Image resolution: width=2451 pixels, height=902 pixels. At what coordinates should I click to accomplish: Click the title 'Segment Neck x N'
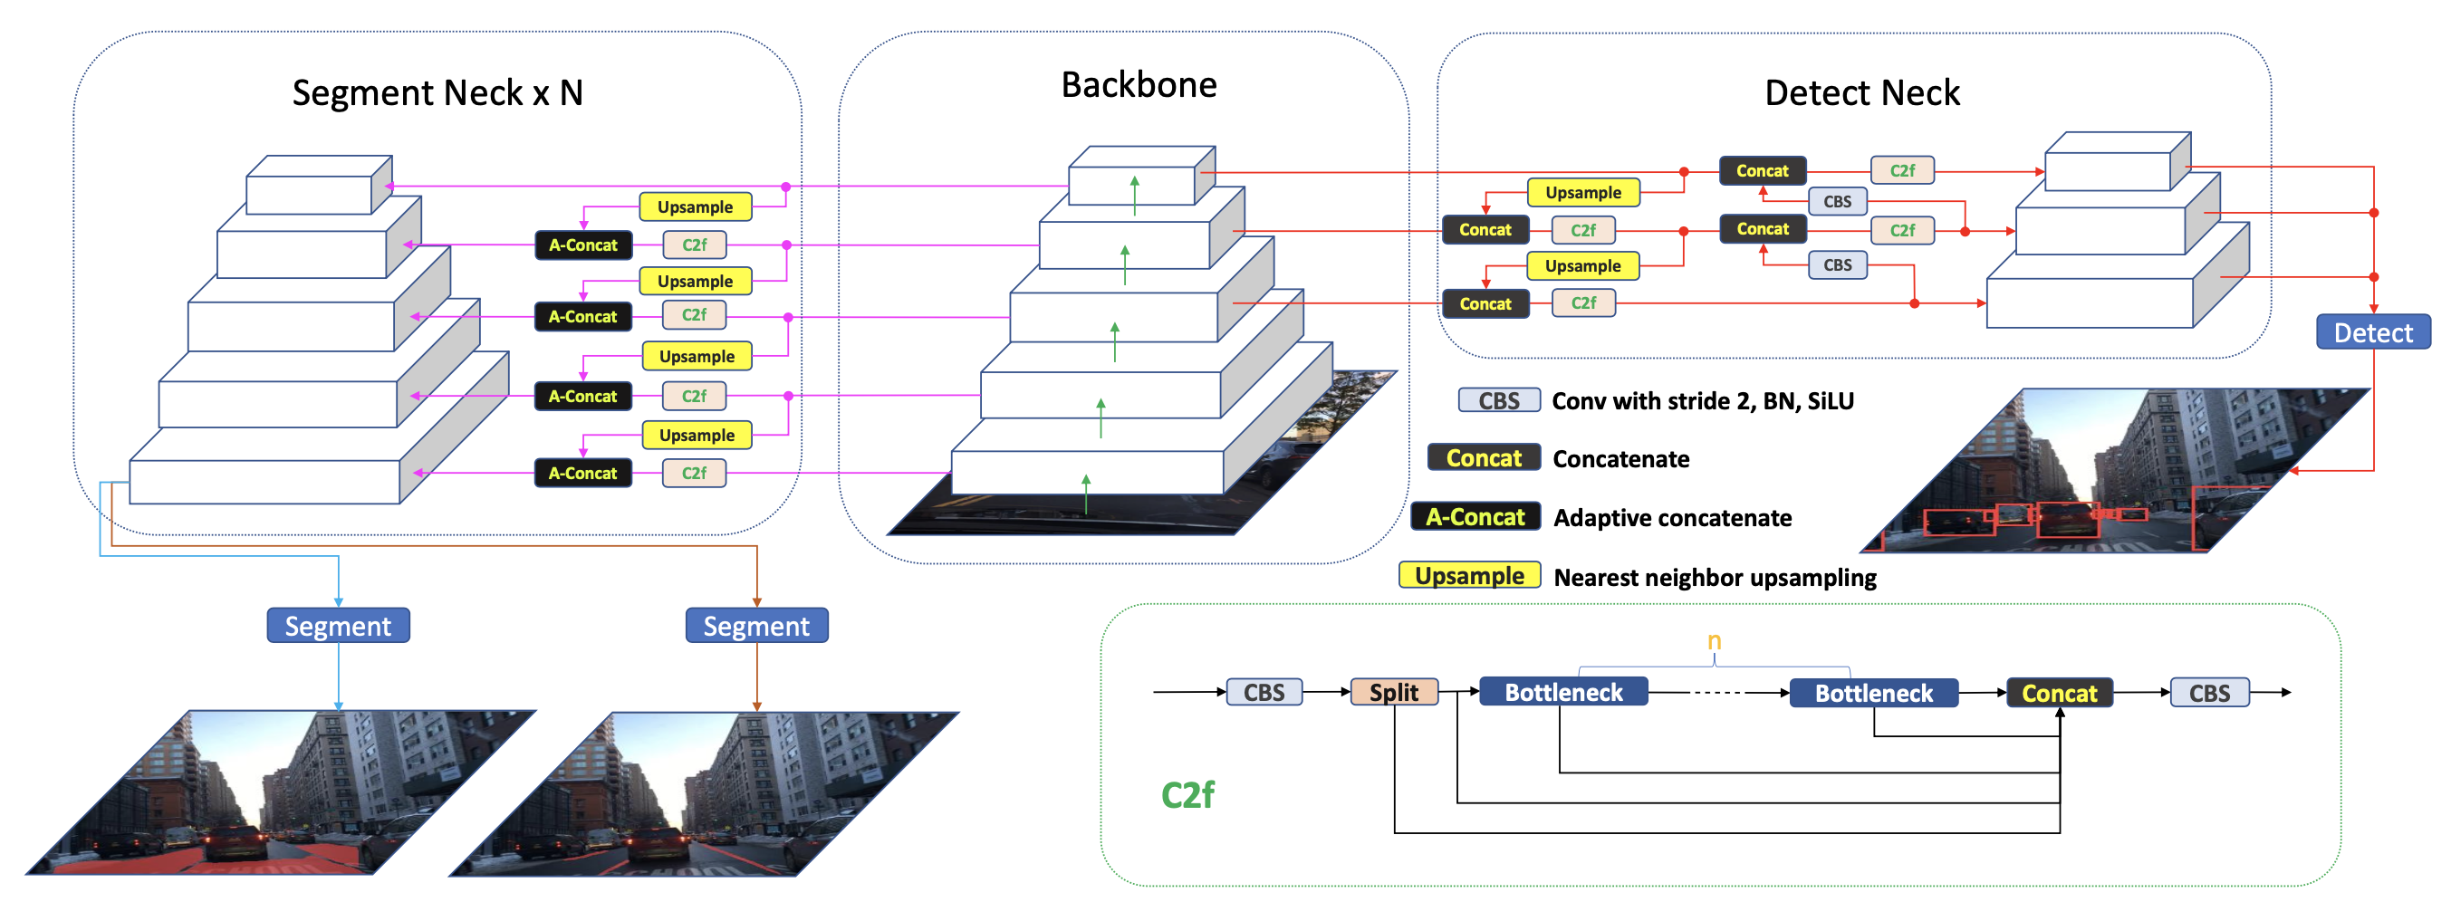[437, 93]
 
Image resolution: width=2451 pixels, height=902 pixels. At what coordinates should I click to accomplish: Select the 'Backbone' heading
[1138, 86]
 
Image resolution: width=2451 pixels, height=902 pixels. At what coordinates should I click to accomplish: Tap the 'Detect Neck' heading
[1861, 93]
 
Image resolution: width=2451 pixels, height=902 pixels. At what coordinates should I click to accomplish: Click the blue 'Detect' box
[2372, 333]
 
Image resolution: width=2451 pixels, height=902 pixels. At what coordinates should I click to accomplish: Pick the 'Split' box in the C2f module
[1393, 692]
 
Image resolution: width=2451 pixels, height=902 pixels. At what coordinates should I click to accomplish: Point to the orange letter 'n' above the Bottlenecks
[1714, 640]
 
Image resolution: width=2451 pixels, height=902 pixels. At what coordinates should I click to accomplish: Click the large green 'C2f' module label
[1187, 794]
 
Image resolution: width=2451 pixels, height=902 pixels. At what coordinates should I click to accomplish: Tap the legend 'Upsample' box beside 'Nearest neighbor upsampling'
[1469, 576]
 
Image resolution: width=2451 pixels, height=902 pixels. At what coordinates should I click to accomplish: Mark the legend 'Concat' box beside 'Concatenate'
[1484, 458]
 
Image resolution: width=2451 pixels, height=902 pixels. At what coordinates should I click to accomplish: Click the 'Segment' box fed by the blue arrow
[338, 626]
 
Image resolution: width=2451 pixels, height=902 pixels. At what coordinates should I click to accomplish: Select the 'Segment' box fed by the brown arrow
[756, 626]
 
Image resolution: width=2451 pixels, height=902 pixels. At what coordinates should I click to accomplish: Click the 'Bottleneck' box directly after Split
[1563, 692]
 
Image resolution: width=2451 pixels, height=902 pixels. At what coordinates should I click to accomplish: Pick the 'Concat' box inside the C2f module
[2059, 693]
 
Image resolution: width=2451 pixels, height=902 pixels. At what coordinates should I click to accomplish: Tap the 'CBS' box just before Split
[1264, 692]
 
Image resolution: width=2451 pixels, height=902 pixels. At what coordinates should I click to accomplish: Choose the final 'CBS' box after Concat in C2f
[2208, 693]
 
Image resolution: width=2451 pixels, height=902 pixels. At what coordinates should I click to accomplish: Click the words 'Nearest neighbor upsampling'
[1715, 578]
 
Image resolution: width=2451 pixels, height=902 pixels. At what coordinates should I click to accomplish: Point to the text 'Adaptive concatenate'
[1672, 518]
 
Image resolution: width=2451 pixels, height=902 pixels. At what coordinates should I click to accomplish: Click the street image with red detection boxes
[2112, 471]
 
